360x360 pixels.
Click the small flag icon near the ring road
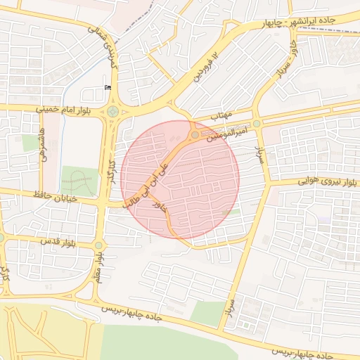[x=108, y=86]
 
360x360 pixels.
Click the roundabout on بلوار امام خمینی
[x=112, y=110]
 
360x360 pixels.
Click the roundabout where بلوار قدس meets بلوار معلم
[x=98, y=245]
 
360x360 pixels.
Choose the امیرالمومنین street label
[x=227, y=133]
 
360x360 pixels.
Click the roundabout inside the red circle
[x=195, y=134]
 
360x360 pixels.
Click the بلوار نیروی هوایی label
[x=304, y=181]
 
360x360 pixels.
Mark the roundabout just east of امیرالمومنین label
[x=257, y=124]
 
